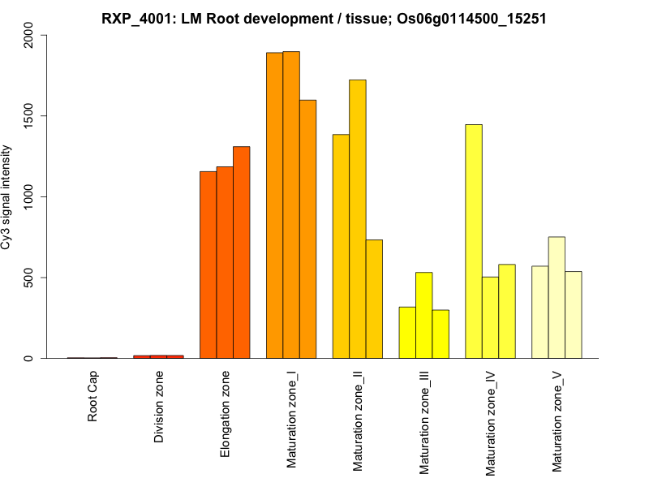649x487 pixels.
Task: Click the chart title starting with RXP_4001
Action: pos(324,17)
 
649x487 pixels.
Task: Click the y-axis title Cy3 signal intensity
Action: pos(7,196)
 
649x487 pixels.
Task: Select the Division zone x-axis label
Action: pos(159,407)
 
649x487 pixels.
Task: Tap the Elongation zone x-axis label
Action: pos(226,414)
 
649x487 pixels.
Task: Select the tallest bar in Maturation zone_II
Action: pos(358,219)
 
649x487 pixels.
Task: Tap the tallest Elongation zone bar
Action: pos(242,252)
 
